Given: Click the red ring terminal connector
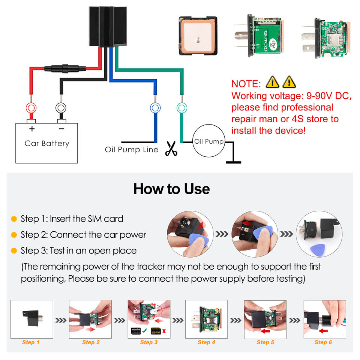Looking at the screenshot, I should pos(30,108).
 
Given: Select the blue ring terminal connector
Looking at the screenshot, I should pos(154,108).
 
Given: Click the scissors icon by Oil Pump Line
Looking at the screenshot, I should pos(171,148).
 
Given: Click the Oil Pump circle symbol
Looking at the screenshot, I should pos(208,142).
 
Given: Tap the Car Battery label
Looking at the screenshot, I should pos(47,143).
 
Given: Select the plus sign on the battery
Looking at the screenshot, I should pos(32,129).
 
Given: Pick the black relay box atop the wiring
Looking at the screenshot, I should pos(107,26).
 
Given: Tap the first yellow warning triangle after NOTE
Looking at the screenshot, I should pos(273,82).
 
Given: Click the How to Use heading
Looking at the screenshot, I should pos(171,189).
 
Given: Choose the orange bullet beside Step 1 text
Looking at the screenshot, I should pos(14,219).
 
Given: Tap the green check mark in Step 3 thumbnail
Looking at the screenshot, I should pos(144,331).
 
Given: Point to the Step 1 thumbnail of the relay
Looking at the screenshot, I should pos(31,318).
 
